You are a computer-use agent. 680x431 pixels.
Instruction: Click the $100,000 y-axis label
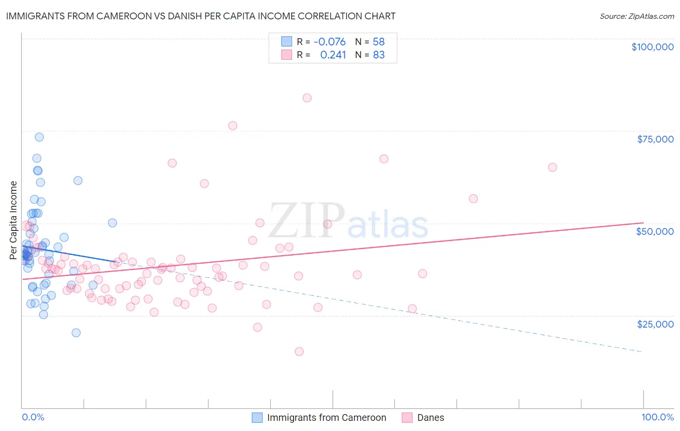click(652, 47)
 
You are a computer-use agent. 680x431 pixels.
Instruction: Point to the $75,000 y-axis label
click(655, 139)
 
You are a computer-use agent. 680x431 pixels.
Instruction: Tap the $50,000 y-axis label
click(655, 231)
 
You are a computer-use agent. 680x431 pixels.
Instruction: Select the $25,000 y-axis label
click(655, 324)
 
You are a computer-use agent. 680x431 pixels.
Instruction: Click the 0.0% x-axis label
click(33, 417)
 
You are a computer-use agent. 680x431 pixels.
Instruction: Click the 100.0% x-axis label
click(657, 417)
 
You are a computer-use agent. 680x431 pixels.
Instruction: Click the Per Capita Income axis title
click(14, 220)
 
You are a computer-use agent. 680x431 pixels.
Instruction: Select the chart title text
click(201, 16)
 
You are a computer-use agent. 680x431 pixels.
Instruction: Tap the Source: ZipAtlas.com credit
click(636, 16)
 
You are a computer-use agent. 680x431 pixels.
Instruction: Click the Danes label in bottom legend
click(430, 417)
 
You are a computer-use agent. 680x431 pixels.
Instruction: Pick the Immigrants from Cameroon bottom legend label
click(326, 417)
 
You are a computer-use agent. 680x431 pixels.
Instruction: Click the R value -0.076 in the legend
click(329, 42)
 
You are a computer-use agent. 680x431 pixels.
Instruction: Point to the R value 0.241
click(333, 55)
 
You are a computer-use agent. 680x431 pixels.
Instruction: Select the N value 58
click(379, 42)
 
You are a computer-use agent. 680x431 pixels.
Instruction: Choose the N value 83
click(379, 55)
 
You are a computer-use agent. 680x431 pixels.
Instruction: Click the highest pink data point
click(307, 98)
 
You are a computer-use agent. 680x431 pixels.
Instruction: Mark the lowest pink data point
click(299, 351)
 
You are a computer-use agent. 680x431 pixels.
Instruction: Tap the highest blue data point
click(39, 137)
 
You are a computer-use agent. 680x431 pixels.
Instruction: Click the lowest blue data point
click(76, 332)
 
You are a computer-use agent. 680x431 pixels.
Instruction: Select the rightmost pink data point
click(552, 167)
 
